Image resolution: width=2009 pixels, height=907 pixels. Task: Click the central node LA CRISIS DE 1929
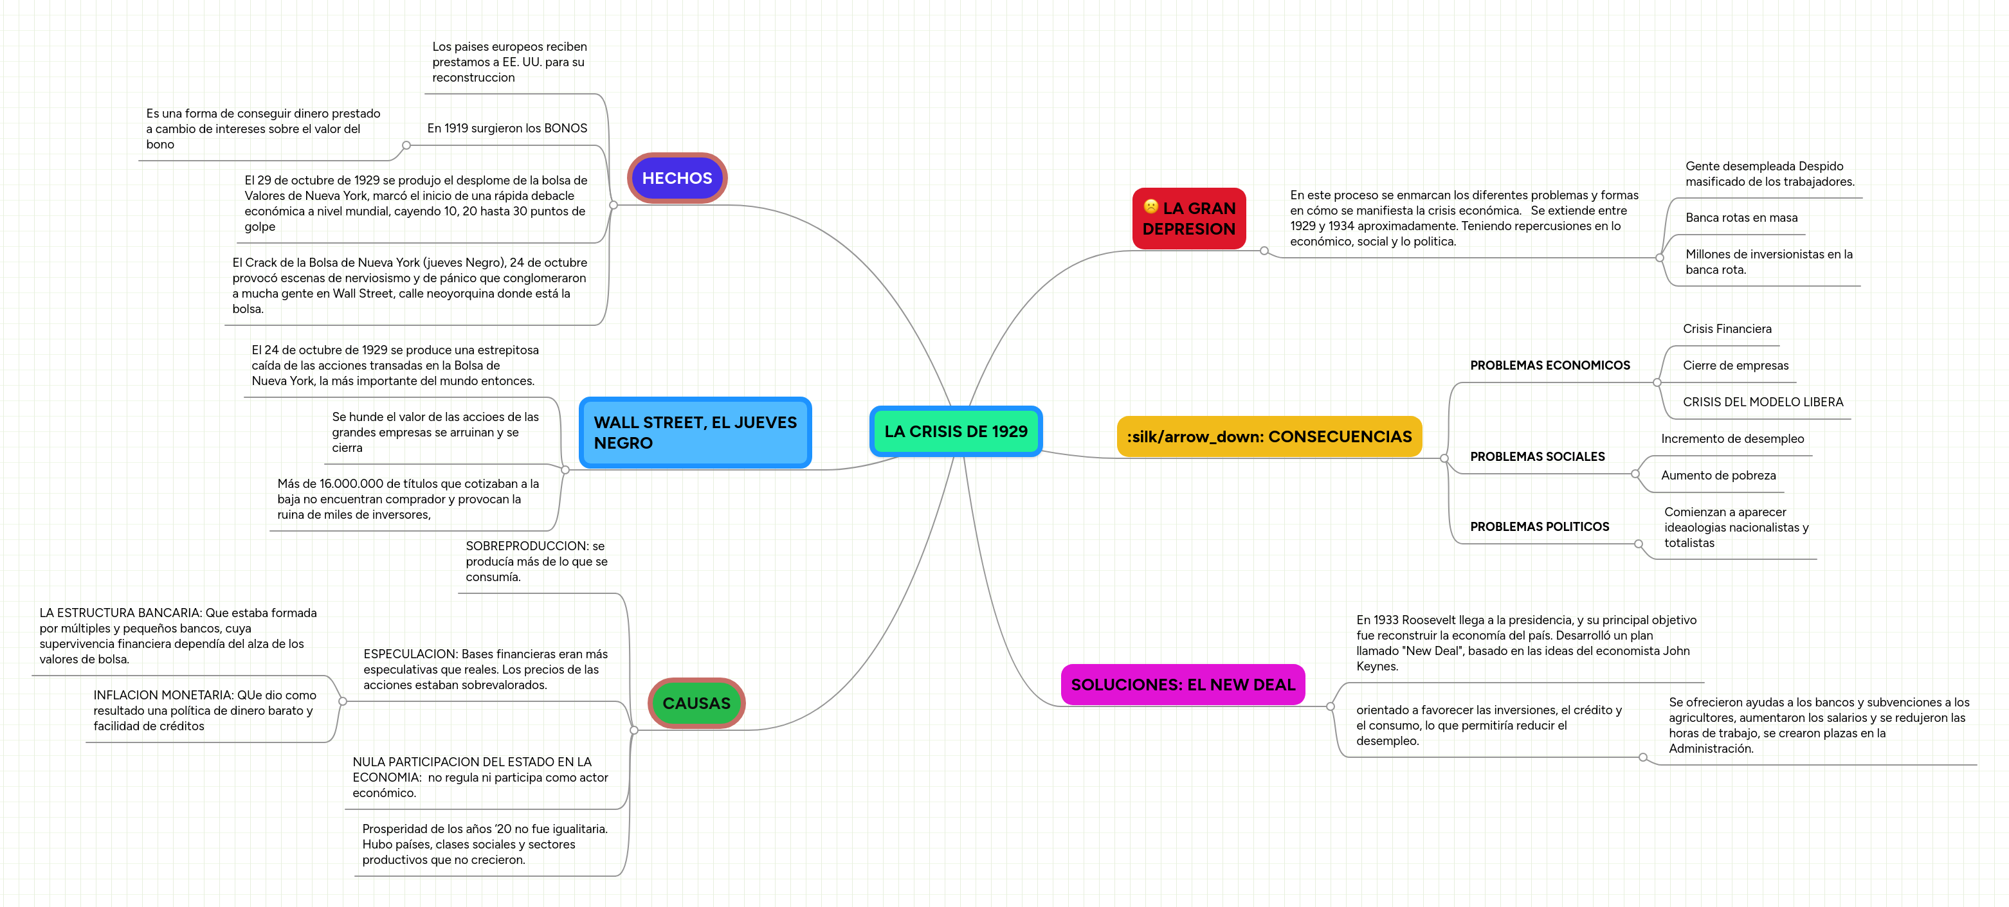(x=956, y=431)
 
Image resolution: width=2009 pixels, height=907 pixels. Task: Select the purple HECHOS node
(x=677, y=178)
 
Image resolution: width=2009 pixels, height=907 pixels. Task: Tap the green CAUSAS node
(x=696, y=703)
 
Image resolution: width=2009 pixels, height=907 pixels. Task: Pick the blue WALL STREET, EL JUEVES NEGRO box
(x=695, y=433)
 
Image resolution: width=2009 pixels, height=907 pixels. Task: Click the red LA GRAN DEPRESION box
(x=1188, y=219)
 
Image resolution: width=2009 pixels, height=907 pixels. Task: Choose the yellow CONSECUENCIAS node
(x=1269, y=436)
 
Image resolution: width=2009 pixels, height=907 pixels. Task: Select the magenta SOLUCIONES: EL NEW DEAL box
(x=1183, y=685)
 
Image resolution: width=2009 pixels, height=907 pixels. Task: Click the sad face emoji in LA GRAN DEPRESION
(x=1150, y=207)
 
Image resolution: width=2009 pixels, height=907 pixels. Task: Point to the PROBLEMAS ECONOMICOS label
(x=1550, y=365)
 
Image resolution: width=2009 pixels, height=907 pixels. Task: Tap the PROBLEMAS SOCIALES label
(x=1537, y=456)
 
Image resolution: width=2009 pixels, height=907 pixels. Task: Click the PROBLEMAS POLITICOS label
(x=1540, y=526)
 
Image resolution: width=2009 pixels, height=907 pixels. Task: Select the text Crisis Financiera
(x=1727, y=328)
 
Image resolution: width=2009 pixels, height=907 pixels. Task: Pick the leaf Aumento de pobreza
(x=1718, y=475)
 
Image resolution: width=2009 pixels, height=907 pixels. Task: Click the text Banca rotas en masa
(x=1741, y=217)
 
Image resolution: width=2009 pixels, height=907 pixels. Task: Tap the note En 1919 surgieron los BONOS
(x=507, y=128)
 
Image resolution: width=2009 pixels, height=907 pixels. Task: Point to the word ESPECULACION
(x=410, y=654)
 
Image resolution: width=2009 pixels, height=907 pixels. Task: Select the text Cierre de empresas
(x=1735, y=365)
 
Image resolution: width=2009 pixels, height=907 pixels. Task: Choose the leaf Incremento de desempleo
(x=1732, y=438)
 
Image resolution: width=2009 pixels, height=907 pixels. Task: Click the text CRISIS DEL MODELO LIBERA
(x=1763, y=402)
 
